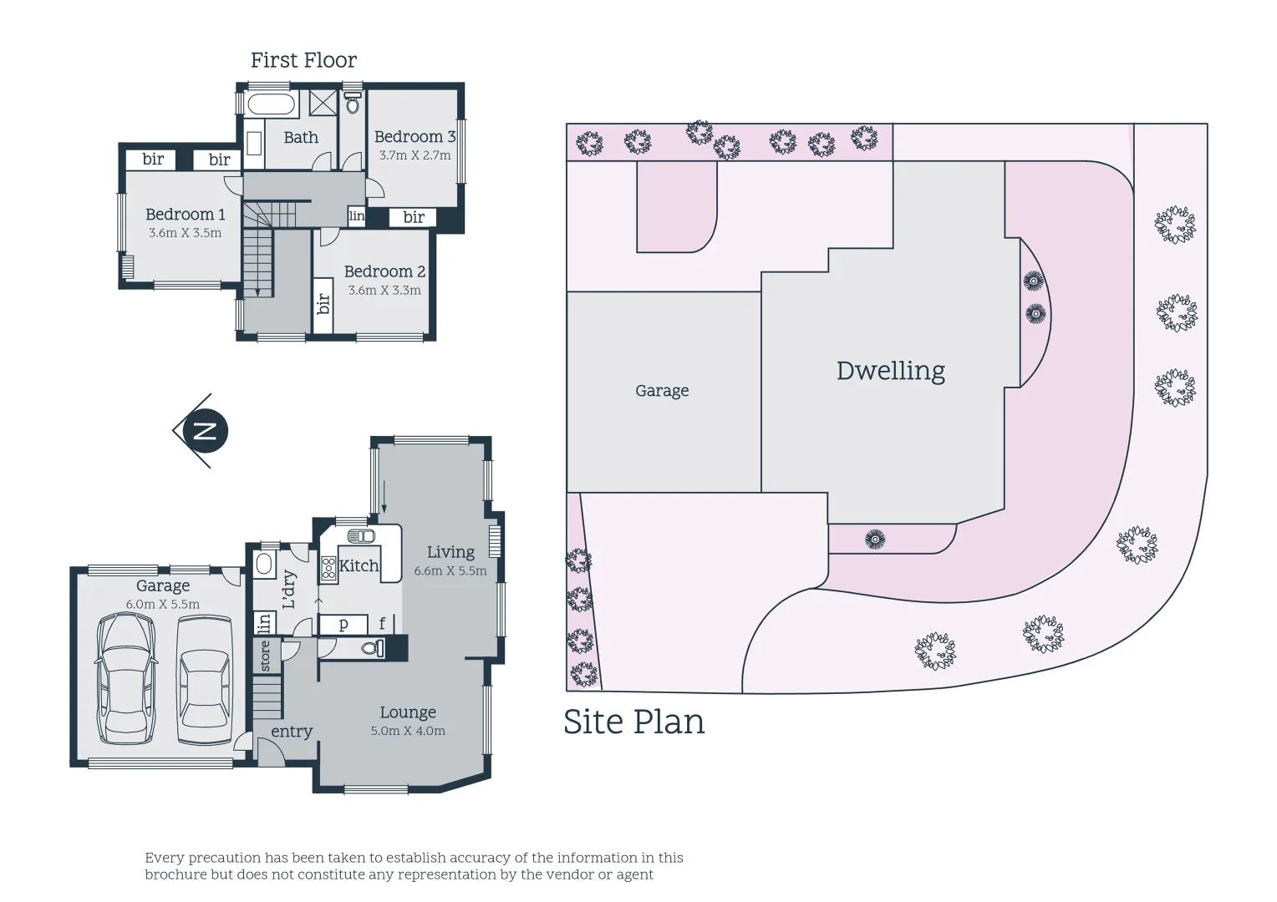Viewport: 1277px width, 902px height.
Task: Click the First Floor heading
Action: point(303,60)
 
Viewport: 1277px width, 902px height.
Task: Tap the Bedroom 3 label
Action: point(415,136)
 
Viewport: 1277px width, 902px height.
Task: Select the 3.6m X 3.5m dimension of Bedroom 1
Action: point(185,233)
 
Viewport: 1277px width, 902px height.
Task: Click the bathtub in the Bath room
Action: point(272,106)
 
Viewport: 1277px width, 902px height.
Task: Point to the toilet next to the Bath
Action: point(353,104)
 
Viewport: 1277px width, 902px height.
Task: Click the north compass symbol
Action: point(205,431)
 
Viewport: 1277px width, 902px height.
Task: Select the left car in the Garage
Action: point(126,678)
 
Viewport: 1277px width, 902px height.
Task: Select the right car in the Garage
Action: point(204,678)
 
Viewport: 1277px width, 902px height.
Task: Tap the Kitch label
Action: point(359,565)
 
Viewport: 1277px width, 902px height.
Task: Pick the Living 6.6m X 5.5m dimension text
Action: point(450,571)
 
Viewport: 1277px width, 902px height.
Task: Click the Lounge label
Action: point(408,712)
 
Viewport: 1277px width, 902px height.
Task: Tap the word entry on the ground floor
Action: point(292,732)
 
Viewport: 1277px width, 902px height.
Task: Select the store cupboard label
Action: point(266,656)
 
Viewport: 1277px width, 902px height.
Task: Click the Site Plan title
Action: point(633,722)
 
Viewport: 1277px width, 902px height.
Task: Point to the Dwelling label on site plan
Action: point(891,371)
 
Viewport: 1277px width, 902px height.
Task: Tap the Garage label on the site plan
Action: point(662,391)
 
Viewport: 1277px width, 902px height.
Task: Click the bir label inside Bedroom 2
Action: point(324,303)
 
